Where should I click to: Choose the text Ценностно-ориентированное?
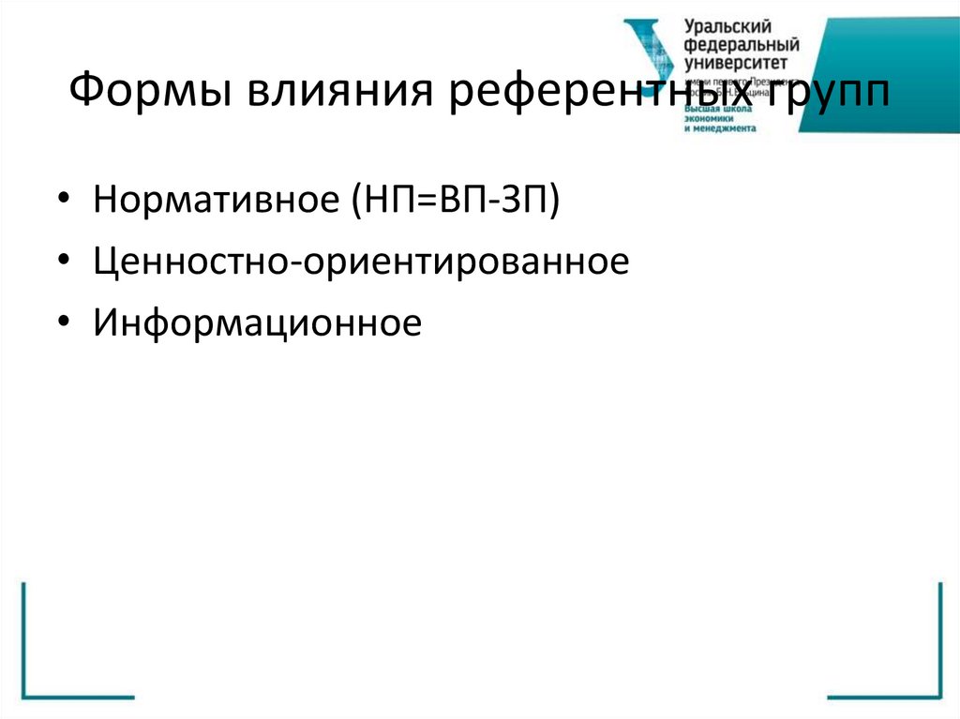(x=360, y=262)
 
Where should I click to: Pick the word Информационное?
(x=258, y=323)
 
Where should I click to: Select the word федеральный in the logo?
(x=742, y=46)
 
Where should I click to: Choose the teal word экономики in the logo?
(x=709, y=118)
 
